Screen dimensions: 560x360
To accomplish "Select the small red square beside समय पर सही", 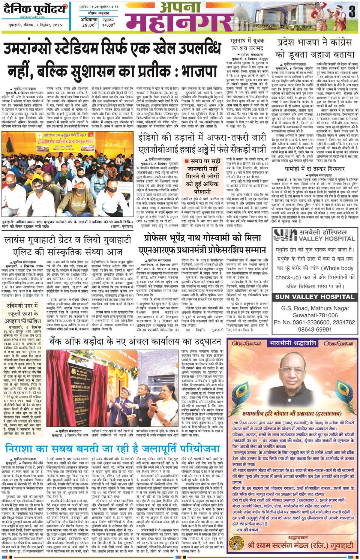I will (x=186, y=161).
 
